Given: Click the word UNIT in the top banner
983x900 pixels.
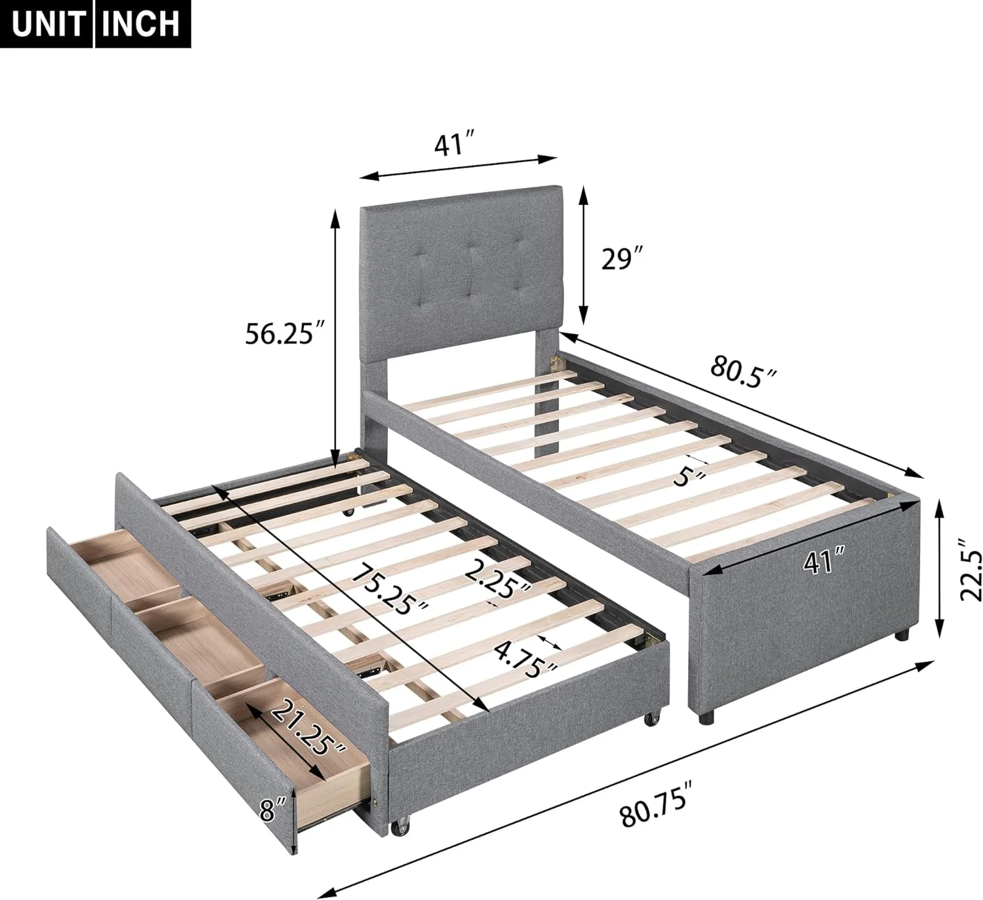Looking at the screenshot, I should [x=47, y=24].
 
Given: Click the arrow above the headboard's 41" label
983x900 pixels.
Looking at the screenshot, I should [x=458, y=166].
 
